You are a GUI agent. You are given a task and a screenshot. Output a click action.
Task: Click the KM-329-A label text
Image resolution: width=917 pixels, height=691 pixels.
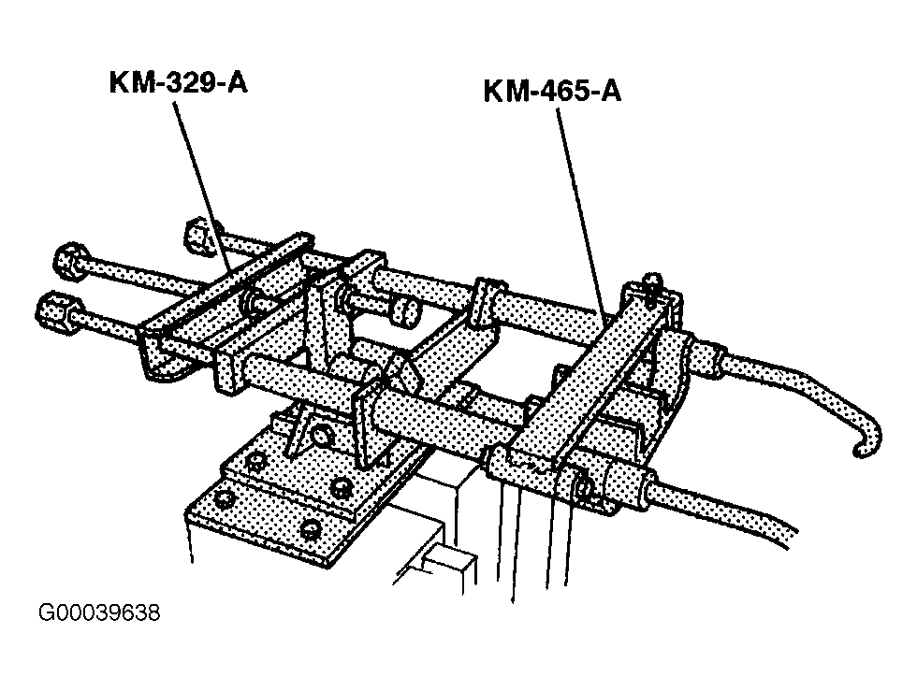(179, 82)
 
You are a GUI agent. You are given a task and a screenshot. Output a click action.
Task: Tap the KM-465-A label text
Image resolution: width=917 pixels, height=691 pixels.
(552, 92)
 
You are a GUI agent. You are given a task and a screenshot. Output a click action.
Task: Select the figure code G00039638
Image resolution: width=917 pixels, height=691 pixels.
(99, 612)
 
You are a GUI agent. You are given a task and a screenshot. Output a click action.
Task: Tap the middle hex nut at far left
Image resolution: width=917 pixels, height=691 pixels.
(71, 261)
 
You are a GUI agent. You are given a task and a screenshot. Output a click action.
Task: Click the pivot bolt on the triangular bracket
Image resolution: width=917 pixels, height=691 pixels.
(320, 436)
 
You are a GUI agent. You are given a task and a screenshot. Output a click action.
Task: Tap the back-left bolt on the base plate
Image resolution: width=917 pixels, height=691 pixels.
(255, 461)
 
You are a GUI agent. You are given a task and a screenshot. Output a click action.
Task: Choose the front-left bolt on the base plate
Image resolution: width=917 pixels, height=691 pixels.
(224, 498)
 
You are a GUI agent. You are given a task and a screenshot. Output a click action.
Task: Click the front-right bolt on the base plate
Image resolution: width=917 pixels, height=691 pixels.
(310, 528)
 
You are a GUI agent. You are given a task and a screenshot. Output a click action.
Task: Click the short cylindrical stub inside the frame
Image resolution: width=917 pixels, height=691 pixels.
(404, 311)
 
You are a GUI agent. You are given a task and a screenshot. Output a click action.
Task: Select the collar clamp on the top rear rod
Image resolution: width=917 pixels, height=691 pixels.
(488, 302)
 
